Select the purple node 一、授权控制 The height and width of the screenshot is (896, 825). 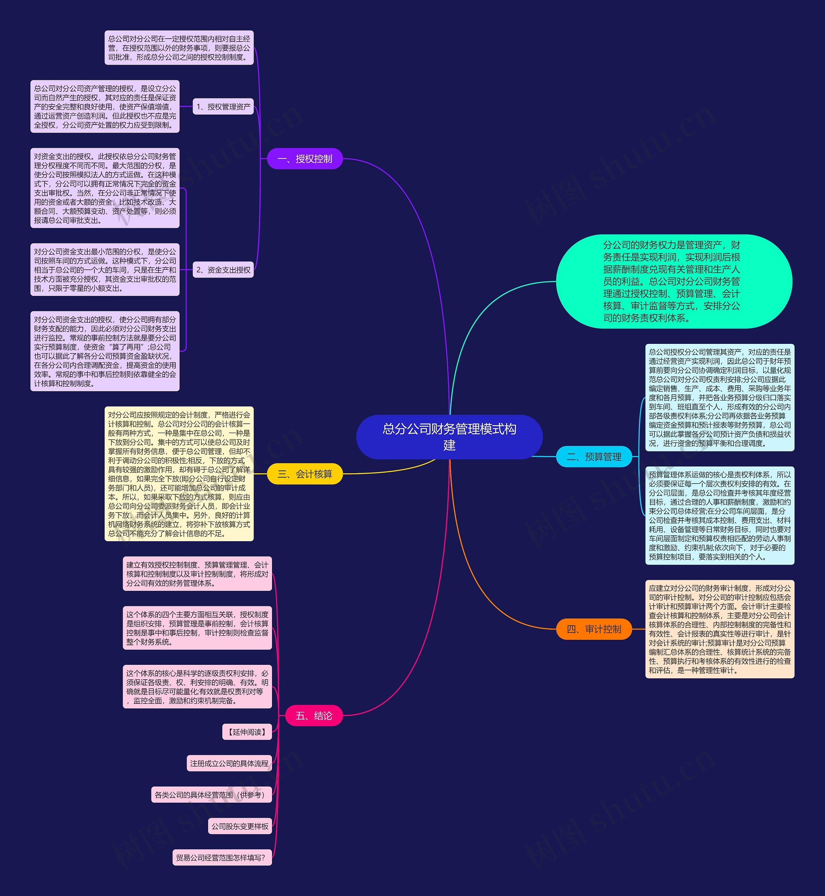(305, 159)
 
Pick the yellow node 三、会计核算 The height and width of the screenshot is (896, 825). (305, 474)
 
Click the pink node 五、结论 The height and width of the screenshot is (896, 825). (314, 715)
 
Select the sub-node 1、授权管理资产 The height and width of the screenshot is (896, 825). (223, 107)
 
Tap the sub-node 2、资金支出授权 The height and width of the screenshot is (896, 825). (223, 270)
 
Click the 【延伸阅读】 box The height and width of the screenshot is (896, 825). (247, 732)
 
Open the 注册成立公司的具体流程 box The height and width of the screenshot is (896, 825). (229, 764)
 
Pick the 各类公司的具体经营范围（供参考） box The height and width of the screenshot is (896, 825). (212, 795)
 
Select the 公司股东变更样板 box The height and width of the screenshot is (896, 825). (240, 826)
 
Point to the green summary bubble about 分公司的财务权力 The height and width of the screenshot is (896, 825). (674, 281)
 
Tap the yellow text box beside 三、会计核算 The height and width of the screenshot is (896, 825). (179, 474)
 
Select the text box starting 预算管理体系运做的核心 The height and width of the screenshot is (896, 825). (720, 515)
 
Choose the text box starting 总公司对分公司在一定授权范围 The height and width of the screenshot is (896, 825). (179, 48)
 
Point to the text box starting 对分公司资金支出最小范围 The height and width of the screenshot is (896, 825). (105, 270)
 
